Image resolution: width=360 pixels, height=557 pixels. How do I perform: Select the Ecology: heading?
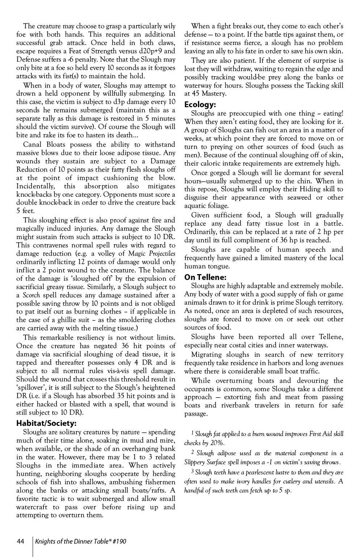[x=200, y=105]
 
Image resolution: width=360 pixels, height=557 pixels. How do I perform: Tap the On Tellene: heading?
[x=205, y=277]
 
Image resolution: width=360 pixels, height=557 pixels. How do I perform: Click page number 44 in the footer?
[x=20, y=541]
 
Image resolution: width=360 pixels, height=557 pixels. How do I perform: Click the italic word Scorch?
[x=31, y=295]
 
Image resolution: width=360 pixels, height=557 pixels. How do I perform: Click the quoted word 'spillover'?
[x=30, y=388]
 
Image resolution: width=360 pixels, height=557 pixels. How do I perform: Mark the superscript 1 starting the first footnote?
[x=192, y=433]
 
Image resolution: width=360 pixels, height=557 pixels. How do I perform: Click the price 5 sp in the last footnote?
[x=285, y=491]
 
